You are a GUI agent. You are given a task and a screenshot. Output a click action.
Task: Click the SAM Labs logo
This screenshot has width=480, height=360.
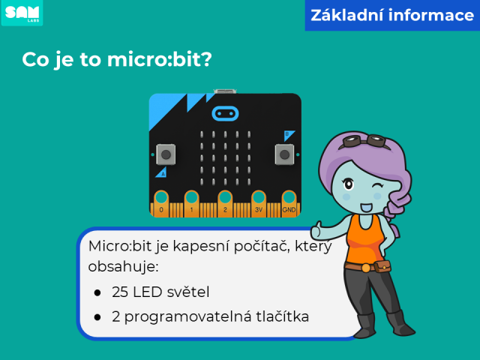[x=22, y=13]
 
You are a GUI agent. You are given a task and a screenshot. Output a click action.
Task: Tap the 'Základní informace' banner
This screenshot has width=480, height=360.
[x=392, y=15]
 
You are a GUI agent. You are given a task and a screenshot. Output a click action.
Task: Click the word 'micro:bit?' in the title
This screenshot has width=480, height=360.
[x=160, y=59]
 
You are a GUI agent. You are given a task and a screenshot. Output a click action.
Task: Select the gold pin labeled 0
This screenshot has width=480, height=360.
[x=161, y=203]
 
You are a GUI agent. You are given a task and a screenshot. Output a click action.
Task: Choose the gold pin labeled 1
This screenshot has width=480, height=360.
[x=192, y=203]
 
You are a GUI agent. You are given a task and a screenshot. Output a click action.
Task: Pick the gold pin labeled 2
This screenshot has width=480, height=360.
[x=225, y=203]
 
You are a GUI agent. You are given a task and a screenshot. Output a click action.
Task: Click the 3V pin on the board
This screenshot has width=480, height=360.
[x=259, y=203]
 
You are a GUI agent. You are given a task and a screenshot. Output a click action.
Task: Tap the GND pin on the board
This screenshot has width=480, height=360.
[x=289, y=203]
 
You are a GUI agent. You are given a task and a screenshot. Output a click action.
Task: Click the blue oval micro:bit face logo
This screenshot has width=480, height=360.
[x=225, y=114]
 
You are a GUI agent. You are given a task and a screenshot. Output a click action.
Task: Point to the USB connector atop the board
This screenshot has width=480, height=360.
[x=225, y=91]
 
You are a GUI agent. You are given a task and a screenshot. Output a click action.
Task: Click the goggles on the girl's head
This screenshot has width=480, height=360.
[x=364, y=141]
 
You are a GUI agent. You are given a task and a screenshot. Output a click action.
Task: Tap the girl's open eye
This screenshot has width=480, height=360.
[x=348, y=184]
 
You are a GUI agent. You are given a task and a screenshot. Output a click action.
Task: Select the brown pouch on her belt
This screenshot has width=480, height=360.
[x=382, y=267]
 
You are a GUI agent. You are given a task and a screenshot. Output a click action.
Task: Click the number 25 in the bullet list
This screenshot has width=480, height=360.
[x=120, y=292]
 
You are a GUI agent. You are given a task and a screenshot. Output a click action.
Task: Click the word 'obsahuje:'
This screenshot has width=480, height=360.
[x=123, y=267]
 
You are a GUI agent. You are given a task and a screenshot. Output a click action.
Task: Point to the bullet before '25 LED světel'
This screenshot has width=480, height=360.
[x=97, y=293]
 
